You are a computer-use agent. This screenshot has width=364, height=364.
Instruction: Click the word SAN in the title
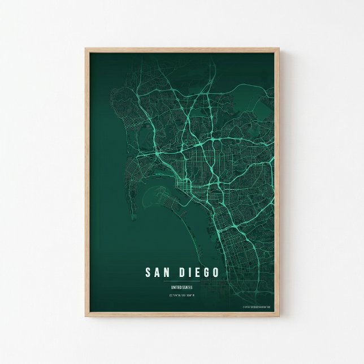pos(158,272)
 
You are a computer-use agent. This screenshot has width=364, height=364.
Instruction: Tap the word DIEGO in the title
pos(199,272)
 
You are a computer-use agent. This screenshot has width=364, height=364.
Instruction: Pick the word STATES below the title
pos(187,287)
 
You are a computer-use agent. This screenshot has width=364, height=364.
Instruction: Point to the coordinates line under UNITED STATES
pos(181,295)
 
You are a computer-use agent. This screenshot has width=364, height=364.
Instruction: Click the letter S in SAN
pos(149,272)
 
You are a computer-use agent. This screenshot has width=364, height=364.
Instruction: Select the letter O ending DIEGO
pos(215,272)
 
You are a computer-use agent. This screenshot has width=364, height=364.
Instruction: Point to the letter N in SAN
pos(167,272)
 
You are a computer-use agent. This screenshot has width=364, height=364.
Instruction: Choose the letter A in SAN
pos(158,272)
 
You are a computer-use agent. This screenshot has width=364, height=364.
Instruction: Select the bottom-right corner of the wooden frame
pos(278,315)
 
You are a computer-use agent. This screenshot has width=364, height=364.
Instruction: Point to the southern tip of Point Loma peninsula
pos(133,218)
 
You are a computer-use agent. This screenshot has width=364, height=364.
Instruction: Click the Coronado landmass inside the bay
pos(164,195)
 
